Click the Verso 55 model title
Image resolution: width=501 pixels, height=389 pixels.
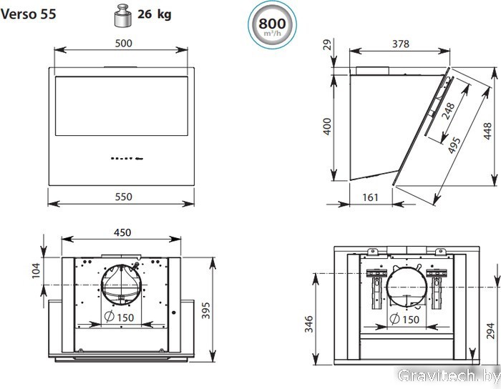click(x=28, y=14)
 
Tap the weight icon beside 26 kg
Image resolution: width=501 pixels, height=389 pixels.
click(x=123, y=15)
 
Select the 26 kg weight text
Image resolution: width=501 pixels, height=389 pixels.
click(x=155, y=14)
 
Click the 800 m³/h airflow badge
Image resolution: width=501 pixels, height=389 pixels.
click(x=272, y=25)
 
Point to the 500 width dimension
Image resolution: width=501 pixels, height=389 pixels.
click(x=123, y=43)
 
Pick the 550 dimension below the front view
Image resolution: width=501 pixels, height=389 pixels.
click(x=123, y=197)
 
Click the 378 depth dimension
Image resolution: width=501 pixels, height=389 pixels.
click(x=400, y=44)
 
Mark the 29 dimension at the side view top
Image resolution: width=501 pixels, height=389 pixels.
click(x=328, y=44)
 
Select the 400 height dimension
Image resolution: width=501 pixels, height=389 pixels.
click(x=327, y=127)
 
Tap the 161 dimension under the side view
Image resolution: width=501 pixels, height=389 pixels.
click(x=370, y=197)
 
